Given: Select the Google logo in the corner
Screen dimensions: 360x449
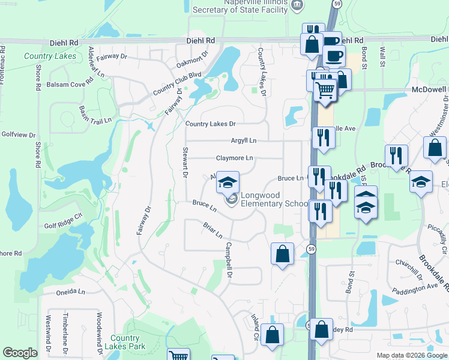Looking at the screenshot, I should tap(20, 353).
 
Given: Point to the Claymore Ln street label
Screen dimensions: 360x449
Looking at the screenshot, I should tap(235, 158).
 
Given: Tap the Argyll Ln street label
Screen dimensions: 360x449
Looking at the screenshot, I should tap(244, 140).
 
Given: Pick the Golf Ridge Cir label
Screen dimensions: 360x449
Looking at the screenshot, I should tap(62, 222).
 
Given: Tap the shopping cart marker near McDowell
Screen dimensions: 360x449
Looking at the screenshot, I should tap(325, 90).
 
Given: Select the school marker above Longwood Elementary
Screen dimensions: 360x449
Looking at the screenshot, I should tap(228, 182).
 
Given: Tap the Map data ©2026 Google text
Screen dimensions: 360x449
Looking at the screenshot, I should tap(411, 355).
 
